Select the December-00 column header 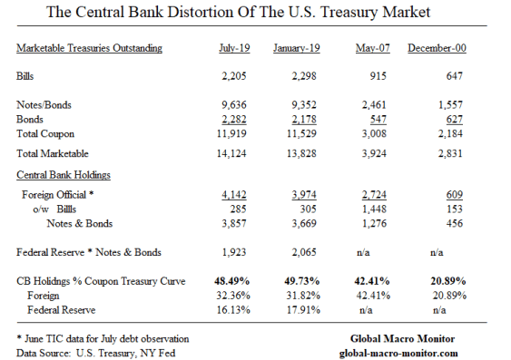tap(438, 48)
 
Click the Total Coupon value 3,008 tap(370, 132)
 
